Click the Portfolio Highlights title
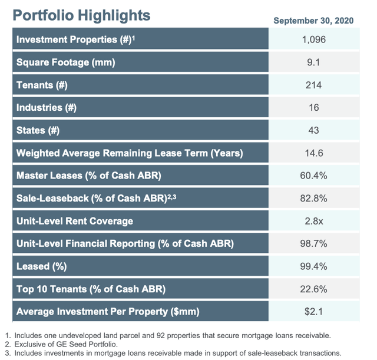(82, 15)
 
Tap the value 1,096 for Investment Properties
(313, 40)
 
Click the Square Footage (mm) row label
(65, 62)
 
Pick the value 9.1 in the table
(313, 62)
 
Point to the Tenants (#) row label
(42, 85)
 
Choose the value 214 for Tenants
(313, 85)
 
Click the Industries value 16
(313, 108)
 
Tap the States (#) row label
(38, 130)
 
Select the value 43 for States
(313, 130)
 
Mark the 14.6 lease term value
(313, 153)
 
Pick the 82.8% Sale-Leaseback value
(313, 199)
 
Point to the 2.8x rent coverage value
(313, 221)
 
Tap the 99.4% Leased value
(313, 266)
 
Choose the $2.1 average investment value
(313, 311)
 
